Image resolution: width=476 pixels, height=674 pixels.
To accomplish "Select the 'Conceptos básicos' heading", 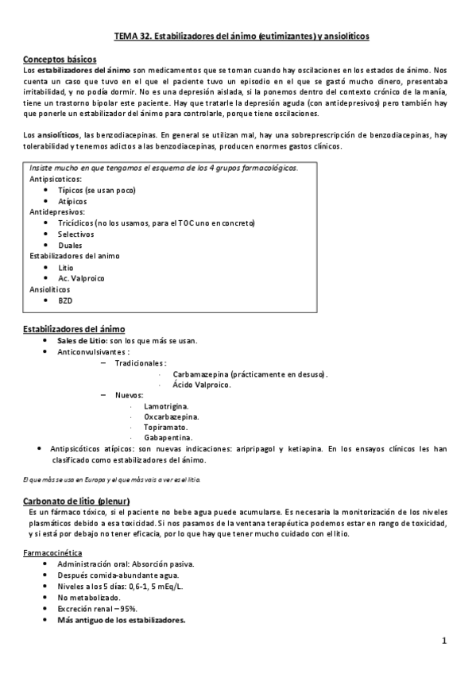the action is click(x=60, y=60).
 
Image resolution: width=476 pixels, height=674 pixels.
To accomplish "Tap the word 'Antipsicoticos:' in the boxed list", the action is click(x=56, y=180).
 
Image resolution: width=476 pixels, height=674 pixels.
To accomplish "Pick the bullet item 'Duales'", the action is click(x=70, y=246).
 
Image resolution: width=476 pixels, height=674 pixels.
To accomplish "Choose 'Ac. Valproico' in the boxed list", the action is click(x=81, y=279).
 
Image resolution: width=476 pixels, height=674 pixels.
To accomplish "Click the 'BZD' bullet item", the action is click(x=65, y=301).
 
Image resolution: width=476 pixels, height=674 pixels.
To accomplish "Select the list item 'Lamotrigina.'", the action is click(x=166, y=405).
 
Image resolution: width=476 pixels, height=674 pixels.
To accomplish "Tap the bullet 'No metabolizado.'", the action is click(x=89, y=597).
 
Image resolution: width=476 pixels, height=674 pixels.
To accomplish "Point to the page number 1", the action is click(x=445, y=640).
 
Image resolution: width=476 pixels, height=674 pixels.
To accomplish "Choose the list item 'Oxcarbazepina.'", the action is click(x=172, y=416).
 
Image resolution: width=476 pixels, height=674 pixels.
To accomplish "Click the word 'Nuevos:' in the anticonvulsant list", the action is click(x=130, y=395).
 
